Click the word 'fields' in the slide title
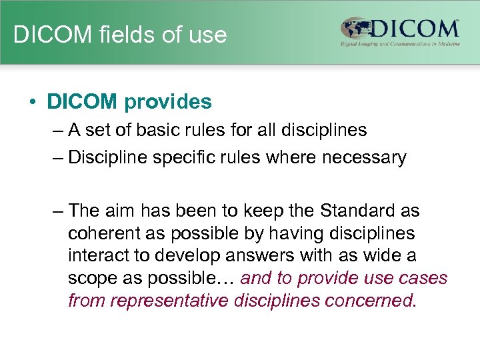pyautogui.click(x=119, y=35)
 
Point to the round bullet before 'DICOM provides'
pyautogui.click(x=31, y=103)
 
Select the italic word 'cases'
pyautogui.click(x=422, y=278)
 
